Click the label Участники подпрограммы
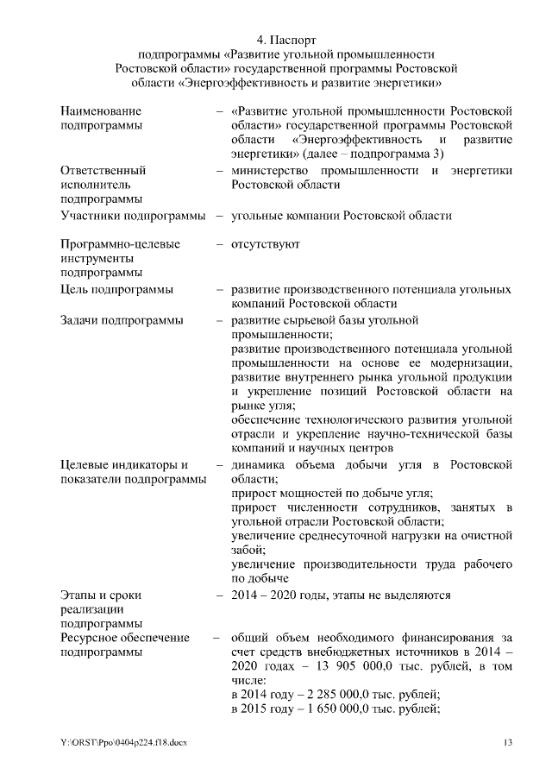click(x=133, y=215)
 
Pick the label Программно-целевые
click(x=120, y=244)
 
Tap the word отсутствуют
click(x=266, y=244)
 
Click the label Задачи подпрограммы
click(x=122, y=320)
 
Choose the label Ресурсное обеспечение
click(x=125, y=638)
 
